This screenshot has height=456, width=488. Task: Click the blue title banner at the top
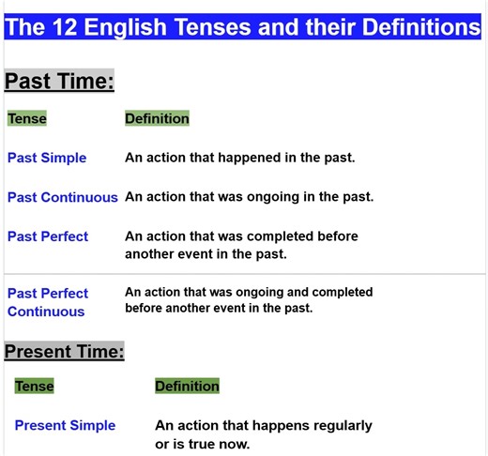(243, 27)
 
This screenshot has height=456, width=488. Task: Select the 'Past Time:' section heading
(59, 82)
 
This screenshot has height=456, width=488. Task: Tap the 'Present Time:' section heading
(64, 353)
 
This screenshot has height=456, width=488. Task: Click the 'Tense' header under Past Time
(27, 119)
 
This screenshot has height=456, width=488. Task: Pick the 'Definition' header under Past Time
(157, 119)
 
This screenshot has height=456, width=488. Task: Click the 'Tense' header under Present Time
(35, 387)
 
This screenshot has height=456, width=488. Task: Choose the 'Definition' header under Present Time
(187, 387)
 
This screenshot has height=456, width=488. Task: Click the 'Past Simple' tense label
(47, 158)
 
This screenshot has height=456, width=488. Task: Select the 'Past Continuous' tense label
(63, 197)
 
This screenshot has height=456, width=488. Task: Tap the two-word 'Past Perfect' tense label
(48, 236)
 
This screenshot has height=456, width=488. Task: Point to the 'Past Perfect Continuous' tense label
(48, 302)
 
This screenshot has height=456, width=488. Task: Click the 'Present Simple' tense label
(65, 425)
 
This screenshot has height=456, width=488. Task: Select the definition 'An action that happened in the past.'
(240, 158)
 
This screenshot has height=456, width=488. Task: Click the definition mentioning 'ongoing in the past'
(250, 197)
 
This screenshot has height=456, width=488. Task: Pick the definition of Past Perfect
(241, 245)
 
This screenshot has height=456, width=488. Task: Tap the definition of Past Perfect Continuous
(249, 300)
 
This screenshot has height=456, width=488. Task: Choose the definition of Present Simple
(264, 434)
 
